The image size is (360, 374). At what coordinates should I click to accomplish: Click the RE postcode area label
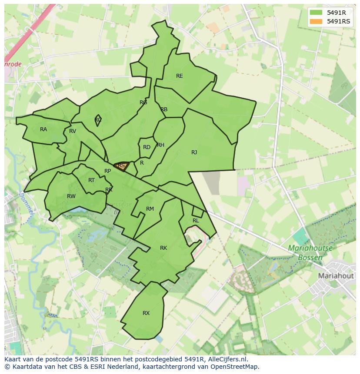pos(179,76)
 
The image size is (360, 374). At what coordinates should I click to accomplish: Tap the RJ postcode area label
pos(194,152)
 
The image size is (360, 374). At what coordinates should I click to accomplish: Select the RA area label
pos(43,129)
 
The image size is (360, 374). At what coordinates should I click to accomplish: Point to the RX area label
pos(146,313)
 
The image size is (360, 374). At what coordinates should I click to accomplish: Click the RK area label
pos(163,248)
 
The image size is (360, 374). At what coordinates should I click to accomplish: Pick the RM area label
pos(150,209)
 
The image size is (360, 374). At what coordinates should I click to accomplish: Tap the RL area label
pos(196,221)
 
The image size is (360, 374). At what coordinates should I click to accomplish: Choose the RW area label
pos(71,196)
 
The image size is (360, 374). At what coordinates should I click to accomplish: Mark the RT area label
pos(91,180)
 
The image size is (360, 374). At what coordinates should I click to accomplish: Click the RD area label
pos(147,147)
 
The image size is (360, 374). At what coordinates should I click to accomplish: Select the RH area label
pos(160,145)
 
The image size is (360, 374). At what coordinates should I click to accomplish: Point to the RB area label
pos(164,109)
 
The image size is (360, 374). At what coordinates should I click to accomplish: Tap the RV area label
pos(73,131)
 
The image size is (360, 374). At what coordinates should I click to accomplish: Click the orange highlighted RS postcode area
pos(121,165)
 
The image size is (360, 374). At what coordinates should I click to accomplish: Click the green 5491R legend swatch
pos(316,13)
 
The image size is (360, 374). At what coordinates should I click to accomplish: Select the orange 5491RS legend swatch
pos(316,21)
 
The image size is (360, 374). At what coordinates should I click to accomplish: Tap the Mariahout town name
pos(335,276)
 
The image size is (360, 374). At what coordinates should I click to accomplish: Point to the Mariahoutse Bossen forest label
pos(310,253)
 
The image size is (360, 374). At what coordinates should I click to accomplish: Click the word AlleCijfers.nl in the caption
pos(226,359)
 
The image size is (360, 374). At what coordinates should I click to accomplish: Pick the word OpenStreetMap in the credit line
pos(236,367)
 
